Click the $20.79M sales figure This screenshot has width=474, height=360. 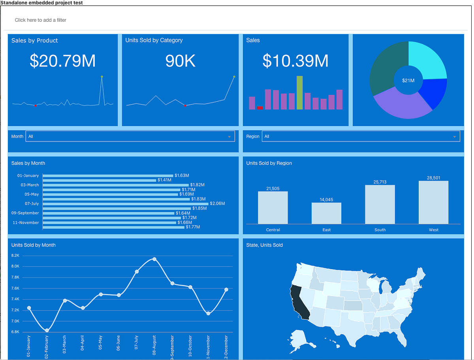(x=63, y=61)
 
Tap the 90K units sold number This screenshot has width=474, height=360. (x=181, y=61)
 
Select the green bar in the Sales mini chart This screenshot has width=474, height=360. (x=300, y=92)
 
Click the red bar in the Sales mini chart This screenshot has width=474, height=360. (x=260, y=108)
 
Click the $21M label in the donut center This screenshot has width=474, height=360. (x=408, y=81)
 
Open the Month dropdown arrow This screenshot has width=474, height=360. (x=229, y=137)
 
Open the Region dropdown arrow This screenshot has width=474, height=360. (x=455, y=137)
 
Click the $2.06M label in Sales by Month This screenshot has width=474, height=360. (x=218, y=204)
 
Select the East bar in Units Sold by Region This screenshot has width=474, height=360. (x=326, y=213)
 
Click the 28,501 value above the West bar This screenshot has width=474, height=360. (x=433, y=178)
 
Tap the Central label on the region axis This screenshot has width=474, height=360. (x=273, y=230)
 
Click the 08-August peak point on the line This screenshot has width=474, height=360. (x=154, y=259)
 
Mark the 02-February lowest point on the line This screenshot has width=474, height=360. (x=47, y=330)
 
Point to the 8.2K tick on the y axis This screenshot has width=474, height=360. (x=15, y=256)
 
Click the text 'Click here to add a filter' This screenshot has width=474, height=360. (x=41, y=20)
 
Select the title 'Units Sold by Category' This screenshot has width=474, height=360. (x=154, y=40)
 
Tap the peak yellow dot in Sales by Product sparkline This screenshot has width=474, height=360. (x=102, y=76)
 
